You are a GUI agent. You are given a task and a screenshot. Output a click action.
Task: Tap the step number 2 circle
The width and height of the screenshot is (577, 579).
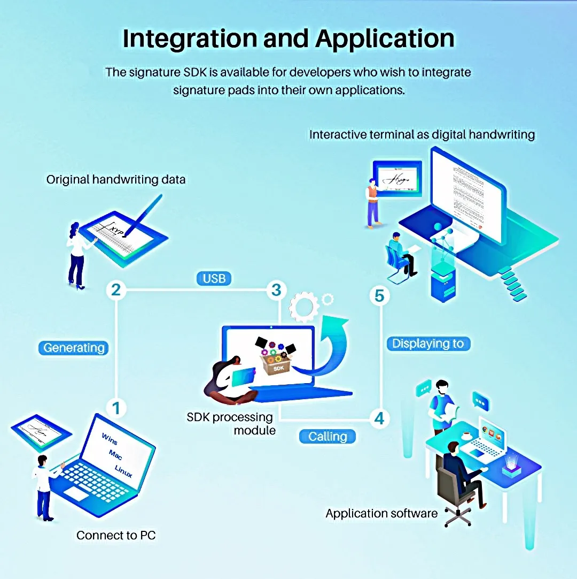[116, 291]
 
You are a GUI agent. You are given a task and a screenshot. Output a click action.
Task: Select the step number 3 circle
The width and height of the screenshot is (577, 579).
[276, 290]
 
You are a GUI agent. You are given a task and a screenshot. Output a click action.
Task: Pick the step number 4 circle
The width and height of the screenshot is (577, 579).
[379, 418]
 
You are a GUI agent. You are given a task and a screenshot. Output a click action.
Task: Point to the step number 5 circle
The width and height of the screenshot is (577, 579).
[379, 295]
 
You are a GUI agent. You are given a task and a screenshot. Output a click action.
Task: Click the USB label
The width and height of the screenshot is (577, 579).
[214, 278]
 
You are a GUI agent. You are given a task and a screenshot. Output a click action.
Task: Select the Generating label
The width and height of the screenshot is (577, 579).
[74, 348]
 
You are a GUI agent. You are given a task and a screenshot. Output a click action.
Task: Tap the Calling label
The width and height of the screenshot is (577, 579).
[328, 437]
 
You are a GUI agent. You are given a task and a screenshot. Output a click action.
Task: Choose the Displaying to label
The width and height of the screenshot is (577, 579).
[428, 344]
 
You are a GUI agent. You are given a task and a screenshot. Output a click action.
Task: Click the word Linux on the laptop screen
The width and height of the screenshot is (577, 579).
[124, 471]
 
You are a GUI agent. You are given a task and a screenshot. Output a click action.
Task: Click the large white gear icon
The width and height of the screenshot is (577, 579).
[303, 307]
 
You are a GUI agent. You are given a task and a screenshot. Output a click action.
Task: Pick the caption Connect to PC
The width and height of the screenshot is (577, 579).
[116, 535]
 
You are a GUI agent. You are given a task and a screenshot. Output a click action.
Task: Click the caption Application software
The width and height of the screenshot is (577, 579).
[381, 514]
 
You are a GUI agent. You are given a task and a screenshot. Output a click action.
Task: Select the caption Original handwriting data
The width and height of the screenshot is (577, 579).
[116, 179]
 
